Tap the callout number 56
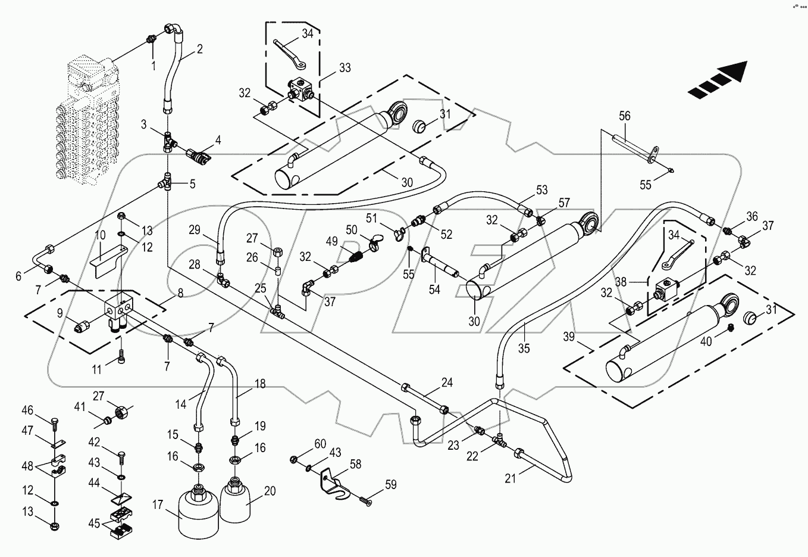(x=624, y=116)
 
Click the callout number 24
(x=447, y=382)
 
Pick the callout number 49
(x=331, y=241)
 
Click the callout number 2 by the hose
(x=199, y=49)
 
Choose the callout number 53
(x=541, y=190)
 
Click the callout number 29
(x=195, y=230)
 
